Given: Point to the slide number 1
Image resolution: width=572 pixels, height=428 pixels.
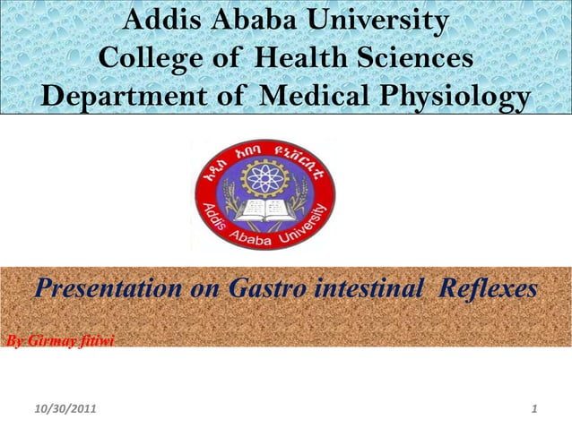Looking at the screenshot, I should (534, 410).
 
